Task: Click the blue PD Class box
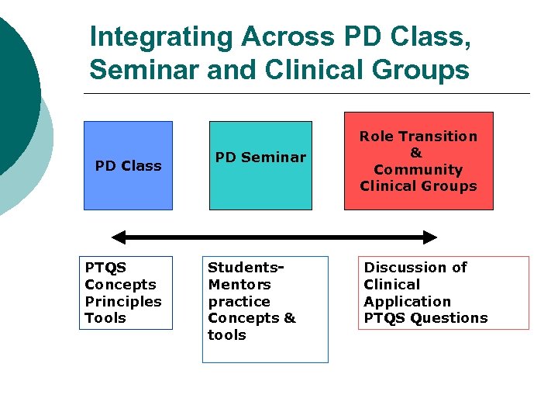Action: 128,165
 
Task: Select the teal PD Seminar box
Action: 260,165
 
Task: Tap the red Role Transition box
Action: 418,161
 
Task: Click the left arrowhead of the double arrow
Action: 119,237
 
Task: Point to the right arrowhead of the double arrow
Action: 430,237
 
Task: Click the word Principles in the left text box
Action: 123,301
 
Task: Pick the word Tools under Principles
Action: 105,318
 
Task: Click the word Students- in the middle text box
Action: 246,268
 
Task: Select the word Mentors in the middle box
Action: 239,285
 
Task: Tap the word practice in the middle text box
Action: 239,301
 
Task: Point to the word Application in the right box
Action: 407,301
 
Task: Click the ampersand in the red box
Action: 415,153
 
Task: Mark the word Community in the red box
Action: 418,169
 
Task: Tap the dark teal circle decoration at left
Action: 14,93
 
